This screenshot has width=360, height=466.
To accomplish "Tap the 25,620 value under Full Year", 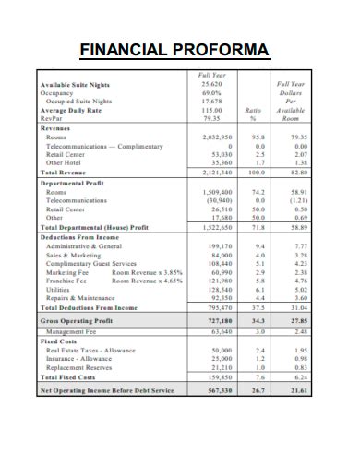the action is point(211,84).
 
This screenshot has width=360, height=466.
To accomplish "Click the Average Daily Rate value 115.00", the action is point(212,110).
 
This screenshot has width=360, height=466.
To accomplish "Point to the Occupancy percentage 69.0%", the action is point(211,92).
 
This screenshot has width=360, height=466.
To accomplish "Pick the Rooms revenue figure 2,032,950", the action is point(214,137).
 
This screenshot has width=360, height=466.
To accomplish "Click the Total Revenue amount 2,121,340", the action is point(214,173).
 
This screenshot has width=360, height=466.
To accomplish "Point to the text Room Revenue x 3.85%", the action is point(147,272).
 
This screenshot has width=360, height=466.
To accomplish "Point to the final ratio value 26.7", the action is point(259,391).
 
